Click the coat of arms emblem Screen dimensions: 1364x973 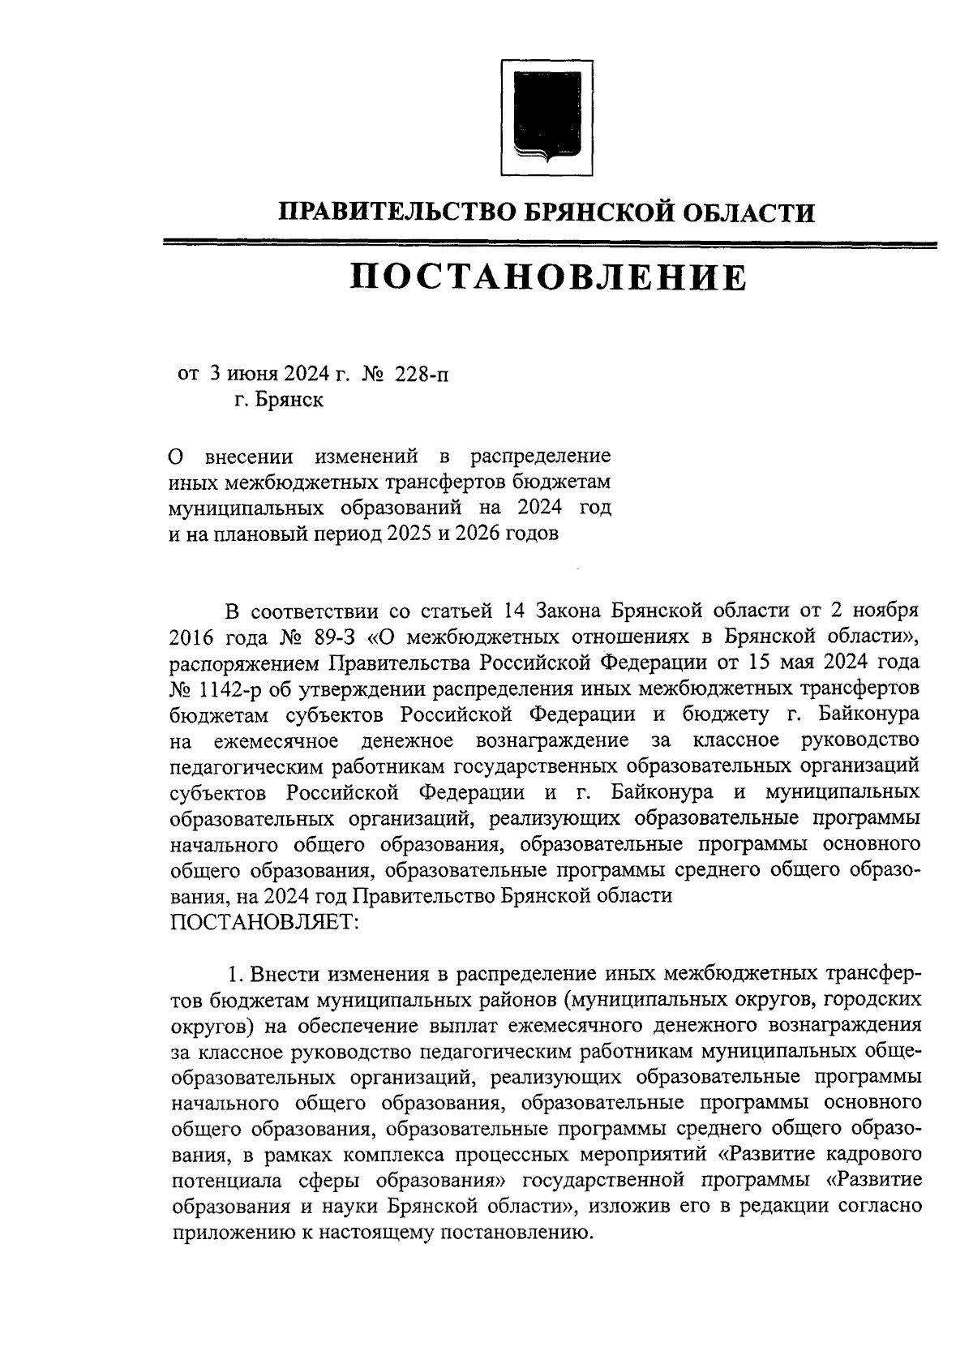coord(541,116)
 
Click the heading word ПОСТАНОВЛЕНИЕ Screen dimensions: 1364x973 coord(549,278)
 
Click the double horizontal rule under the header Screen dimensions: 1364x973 coord(549,243)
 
